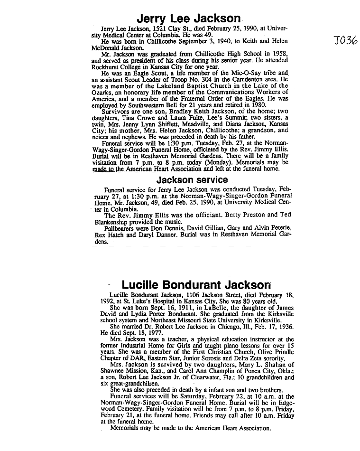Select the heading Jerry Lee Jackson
(x=188, y=19)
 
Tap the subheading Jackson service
(x=192, y=180)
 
